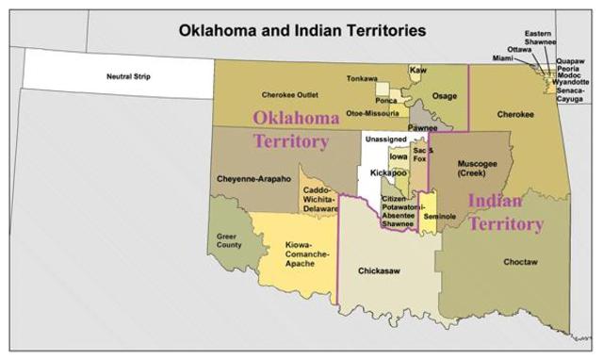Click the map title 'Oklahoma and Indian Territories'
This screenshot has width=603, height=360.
(302, 30)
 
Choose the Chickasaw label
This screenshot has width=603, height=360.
(381, 270)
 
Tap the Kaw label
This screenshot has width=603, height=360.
(418, 71)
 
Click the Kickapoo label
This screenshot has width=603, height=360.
(388, 173)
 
